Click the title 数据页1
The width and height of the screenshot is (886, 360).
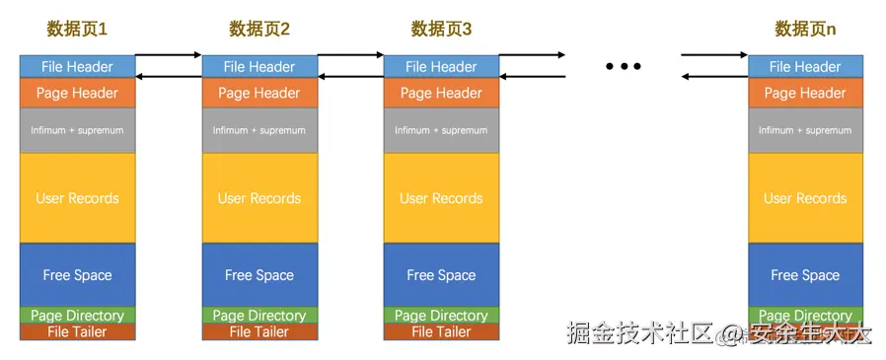pyautogui.click(x=76, y=30)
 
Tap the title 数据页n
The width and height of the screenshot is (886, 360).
pyautogui.click(x=805, y=30)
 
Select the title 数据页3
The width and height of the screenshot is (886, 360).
pyautogui.click(x=441, y=30)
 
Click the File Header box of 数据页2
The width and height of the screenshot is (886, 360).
pyautogui.click(x=259, y=67)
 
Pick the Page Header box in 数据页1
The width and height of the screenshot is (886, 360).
pyautogui.click(x=77, y=94)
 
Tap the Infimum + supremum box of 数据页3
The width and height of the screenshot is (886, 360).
pyautogui.click(x=441, y=130)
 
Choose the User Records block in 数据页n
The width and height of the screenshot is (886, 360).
pyautogui.click(x=805, y=198)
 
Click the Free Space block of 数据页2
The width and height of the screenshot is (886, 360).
pyautogui.click(x=259, y=275)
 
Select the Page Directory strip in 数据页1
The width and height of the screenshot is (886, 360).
pyautogui.click(x=77, y=316)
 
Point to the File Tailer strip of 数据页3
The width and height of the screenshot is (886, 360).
pyautogui.click(x=441, y=332)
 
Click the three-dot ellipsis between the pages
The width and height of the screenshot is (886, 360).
pyautogui.click(x=624, y=66)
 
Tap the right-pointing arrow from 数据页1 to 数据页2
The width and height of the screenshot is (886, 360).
pyautogui.click(x=168, y=55)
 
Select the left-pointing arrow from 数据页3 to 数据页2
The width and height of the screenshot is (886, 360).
pyautogui.click(x=350, y=77)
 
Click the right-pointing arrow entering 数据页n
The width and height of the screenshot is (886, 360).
pyautogui.click(x=714, y=55)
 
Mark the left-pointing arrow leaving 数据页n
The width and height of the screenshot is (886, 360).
pyautogui.click(x=714, y=77)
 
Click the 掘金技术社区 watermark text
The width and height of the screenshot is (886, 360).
pyautogui.click(x=639, y=334)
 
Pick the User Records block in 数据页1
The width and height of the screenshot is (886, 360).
pyautogui.click(x=77, y=198)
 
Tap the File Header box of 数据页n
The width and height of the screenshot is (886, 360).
pyautogui.click(x=805, y=67)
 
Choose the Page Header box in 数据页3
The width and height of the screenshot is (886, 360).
pyautogui.click(x=441, y=94)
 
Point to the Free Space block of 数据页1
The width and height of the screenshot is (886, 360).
pyautogui.click(x=77, y=275)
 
